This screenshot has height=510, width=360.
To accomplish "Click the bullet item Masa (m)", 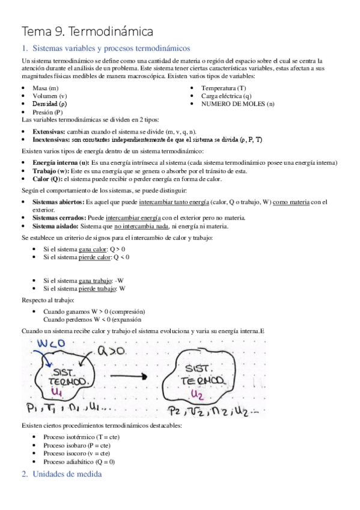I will tap(46, 88).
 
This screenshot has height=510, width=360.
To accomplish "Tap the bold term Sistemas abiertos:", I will tap(58, 203).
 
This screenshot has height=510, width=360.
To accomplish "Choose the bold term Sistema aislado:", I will tap(55, 226).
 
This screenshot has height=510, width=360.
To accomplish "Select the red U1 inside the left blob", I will tap(58, 392).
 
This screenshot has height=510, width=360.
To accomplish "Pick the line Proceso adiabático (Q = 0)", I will tap(79, 461).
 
